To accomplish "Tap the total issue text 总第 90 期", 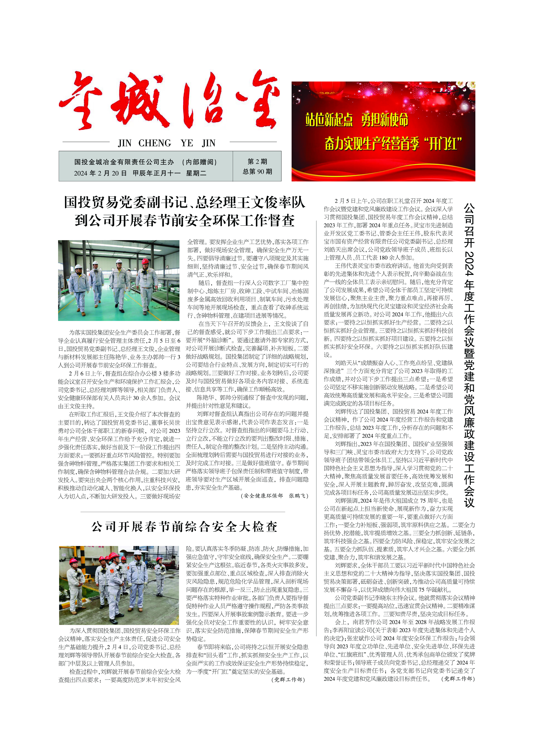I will [257, 172].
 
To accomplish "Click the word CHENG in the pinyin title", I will [154, 143].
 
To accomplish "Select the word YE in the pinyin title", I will [187, 143].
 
